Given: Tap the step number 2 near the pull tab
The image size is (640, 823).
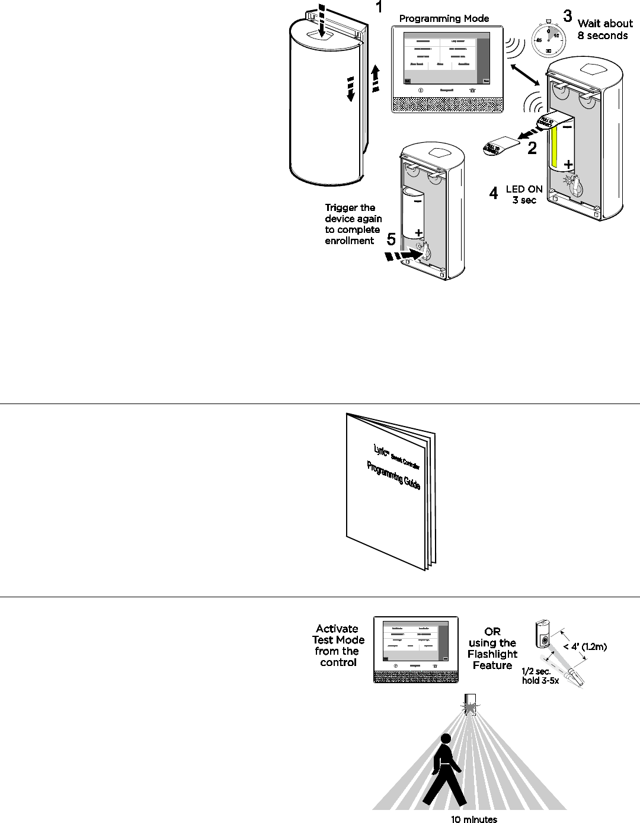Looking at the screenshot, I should [532, 148].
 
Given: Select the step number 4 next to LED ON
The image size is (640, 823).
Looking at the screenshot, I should [493, 193].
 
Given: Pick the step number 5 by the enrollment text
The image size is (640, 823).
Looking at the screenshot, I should [391, 239].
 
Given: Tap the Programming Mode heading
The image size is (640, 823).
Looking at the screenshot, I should [444, 18].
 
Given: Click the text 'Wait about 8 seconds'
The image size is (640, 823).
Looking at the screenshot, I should [603, 30].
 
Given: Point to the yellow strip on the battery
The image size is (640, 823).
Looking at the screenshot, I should [555, 148].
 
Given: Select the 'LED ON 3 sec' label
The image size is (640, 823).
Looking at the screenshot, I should [524, 194].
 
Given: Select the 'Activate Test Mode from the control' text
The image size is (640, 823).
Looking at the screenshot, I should [337, 645].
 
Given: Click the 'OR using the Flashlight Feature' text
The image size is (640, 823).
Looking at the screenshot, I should [492, 648].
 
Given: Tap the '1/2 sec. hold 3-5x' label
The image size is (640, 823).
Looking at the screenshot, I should [540, 677].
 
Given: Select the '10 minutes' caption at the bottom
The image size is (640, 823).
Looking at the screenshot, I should [473, 818].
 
